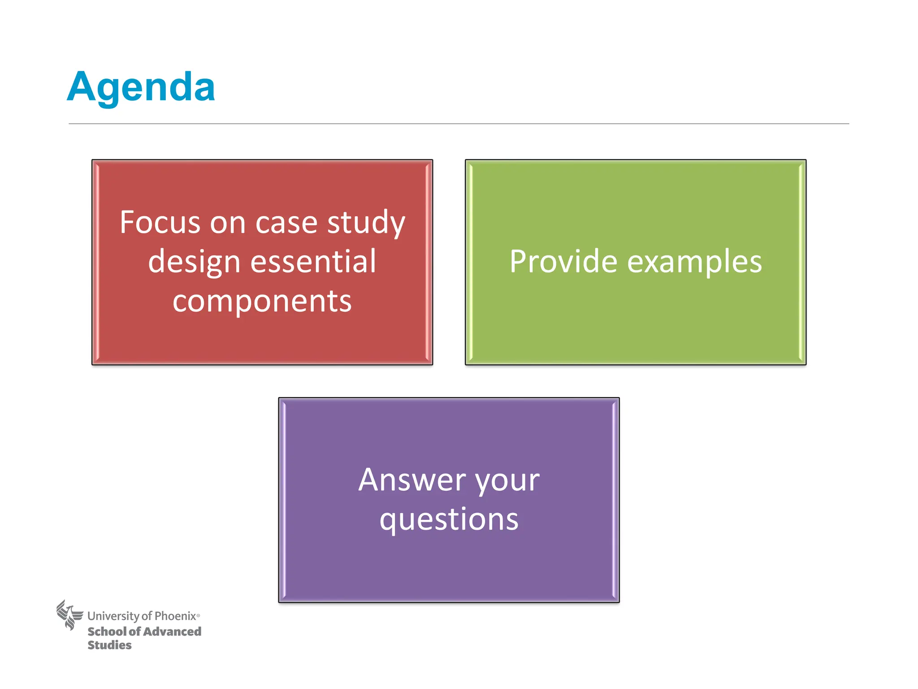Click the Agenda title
[x=141, y=87]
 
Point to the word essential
[x=313, y=262]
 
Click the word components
[x=262, y=301]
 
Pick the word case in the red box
[x=286, y=223]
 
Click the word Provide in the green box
[x=563, y=262]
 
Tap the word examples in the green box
[x=694, y=262]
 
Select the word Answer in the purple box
[x=411, y=480]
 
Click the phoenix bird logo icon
[x=69, y=615]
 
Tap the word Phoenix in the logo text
[x=175, y=616]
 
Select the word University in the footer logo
[x=113, y=616]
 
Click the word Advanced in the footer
[x=172, y=632]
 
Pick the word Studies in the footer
[x=109, y=645]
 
